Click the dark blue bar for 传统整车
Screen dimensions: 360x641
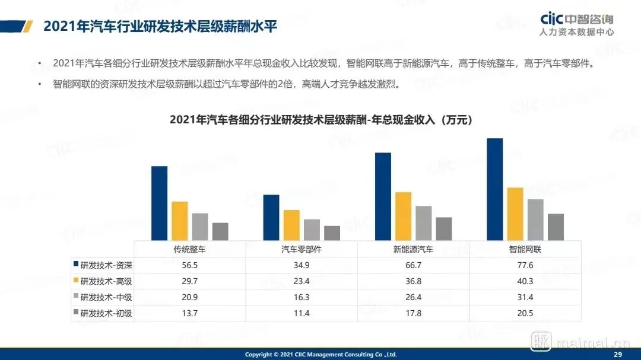point(160,203)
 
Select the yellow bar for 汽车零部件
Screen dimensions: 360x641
point(291,225)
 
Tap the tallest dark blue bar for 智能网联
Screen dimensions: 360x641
point(495,189)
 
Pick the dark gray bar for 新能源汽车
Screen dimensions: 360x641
point(444,228)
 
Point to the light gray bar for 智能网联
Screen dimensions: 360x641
point(535,219)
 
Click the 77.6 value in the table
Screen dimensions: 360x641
point(525,265)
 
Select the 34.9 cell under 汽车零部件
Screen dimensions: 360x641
point(302,265)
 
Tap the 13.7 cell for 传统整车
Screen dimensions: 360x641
point(190,313)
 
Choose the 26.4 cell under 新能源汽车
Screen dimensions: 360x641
point(413,297)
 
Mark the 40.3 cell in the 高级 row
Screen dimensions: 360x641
point(525,281)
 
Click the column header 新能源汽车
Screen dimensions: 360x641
point(413,250)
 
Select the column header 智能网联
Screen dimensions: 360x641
point(525,250)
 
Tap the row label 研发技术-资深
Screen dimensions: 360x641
point(106,265)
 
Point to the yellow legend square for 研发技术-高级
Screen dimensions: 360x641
point(75,280)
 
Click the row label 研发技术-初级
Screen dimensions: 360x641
point(106,313)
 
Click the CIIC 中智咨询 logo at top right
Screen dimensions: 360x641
point(577,25)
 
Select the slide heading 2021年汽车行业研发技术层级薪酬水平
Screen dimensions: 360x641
point(160,27)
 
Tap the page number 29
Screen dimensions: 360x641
point(617,354)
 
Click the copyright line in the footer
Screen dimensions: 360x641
point(320,355)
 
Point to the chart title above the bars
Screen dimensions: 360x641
point(320,120)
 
